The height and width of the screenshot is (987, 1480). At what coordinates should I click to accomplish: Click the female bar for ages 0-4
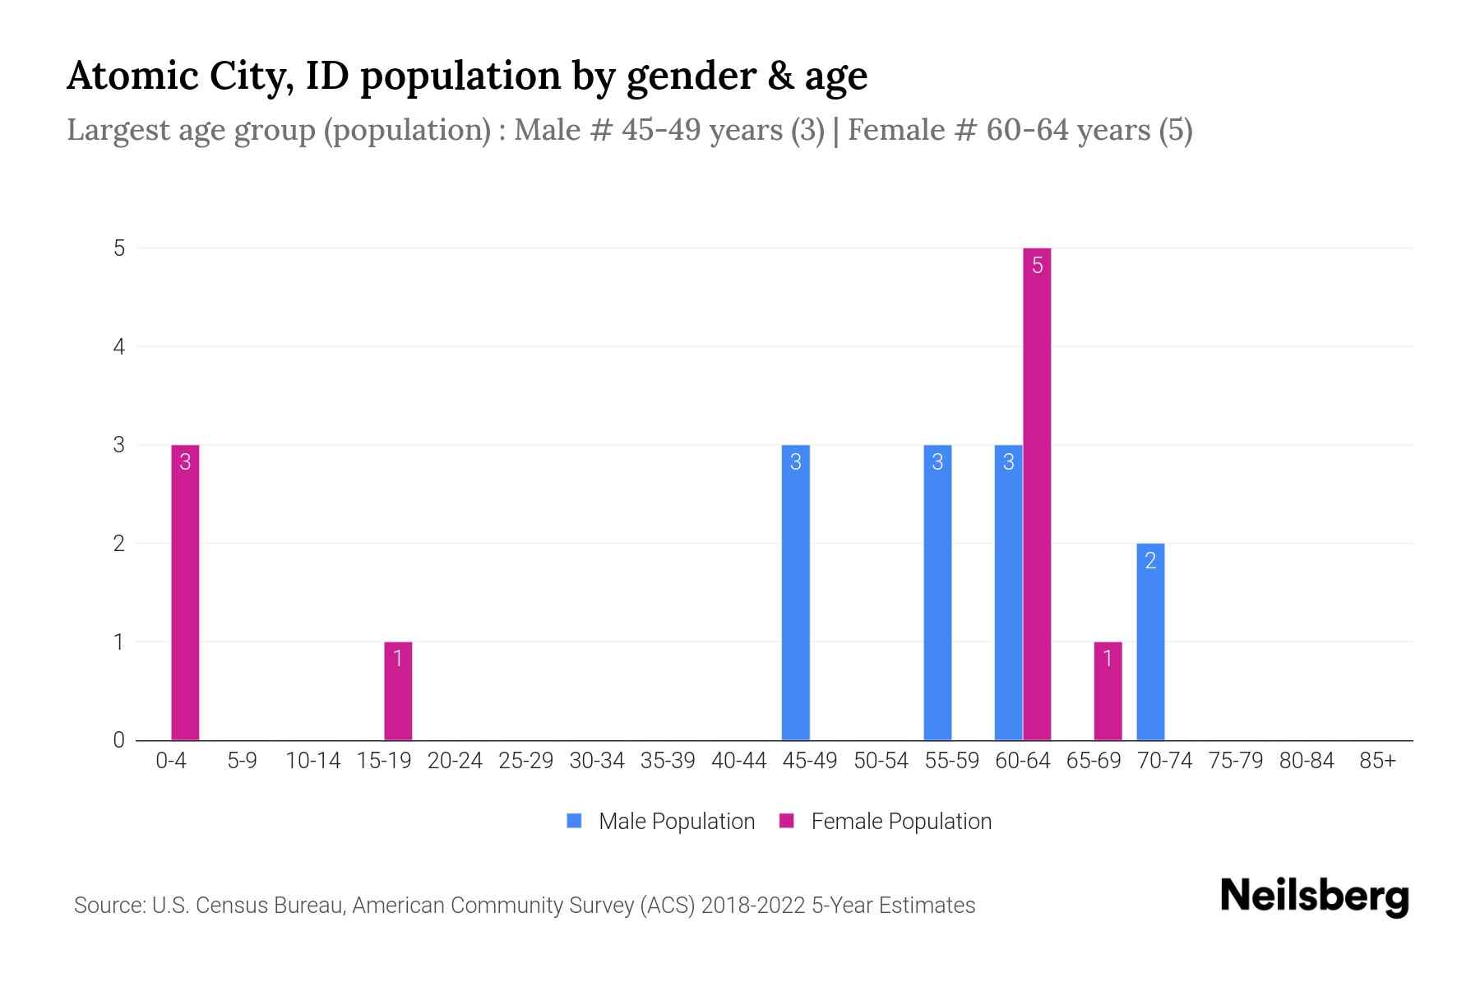tap(185, 592)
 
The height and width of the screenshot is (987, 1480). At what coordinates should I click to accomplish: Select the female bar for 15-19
tap(398, 691)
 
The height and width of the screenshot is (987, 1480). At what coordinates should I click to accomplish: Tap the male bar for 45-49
tap(795, 592)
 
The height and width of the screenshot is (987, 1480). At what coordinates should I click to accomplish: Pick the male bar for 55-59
tap(937, 592)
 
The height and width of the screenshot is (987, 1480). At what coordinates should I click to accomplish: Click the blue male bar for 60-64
tap(1008, 592)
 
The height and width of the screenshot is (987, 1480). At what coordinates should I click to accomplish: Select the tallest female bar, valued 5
tap(1037, 493)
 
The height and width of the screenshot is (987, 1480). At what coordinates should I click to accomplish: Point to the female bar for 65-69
tap(1108, 691)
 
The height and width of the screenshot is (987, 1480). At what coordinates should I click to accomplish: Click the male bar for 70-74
tap(1150, 642)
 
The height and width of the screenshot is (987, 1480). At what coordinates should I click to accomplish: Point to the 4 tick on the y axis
tap(120, 346)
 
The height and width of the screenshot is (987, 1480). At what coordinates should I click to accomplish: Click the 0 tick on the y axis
tap(120, 739)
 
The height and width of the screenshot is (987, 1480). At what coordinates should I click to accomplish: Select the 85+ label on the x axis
tap(1377, 761)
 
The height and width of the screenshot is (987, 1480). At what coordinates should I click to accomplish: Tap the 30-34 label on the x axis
tap(597, 761)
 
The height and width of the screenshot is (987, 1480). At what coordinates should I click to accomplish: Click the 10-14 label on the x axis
tap(312, 761)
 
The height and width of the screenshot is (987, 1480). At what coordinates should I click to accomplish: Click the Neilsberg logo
tap(1314, 897)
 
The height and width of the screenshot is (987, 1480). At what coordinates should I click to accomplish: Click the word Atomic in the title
tap(132, 76)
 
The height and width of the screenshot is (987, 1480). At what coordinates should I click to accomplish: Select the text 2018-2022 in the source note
tap(752, 905)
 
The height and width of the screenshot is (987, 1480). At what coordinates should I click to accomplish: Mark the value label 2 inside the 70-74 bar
tap(1150, 561)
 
